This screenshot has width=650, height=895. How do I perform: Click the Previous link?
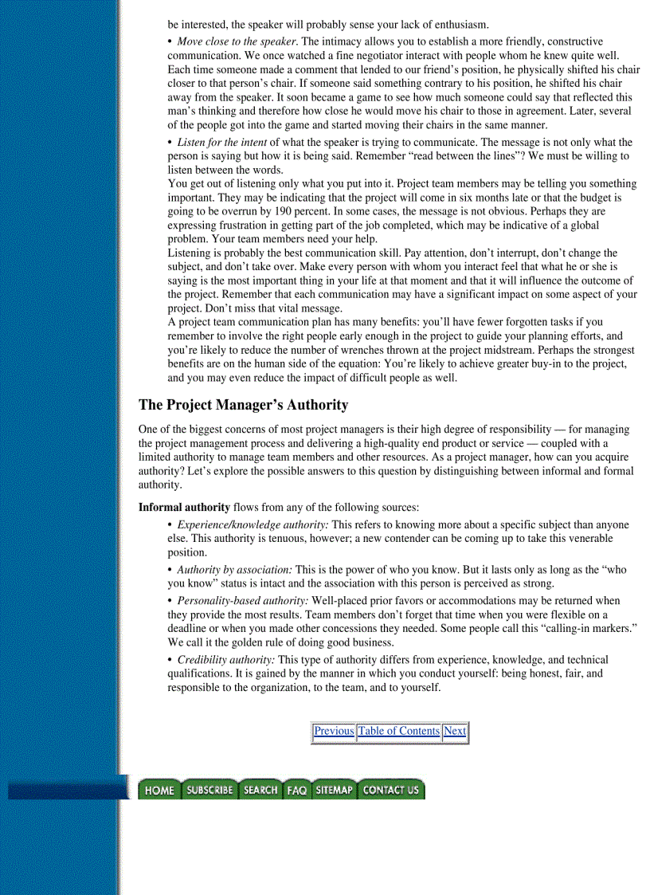(333, 731)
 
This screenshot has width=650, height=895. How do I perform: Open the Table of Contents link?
(398, 731)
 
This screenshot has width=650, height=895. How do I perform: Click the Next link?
(455, 731)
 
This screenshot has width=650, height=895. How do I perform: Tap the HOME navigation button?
(159, 790)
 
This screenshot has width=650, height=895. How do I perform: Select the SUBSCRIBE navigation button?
(209, 790)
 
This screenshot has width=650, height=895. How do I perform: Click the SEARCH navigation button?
(260, 790)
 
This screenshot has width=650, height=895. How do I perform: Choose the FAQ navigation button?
(297, 790)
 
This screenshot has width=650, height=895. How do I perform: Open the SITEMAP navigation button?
(334, 790)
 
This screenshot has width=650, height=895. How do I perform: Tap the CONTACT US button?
(390, 790)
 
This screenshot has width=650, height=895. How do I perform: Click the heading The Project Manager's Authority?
(243, 405)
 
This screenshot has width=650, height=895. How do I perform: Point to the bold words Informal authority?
(184, 507)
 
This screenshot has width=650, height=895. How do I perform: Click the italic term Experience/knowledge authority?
(253, 525)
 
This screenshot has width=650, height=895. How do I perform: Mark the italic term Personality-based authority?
(242, 601)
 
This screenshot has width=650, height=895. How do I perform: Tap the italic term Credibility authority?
(225, 660)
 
